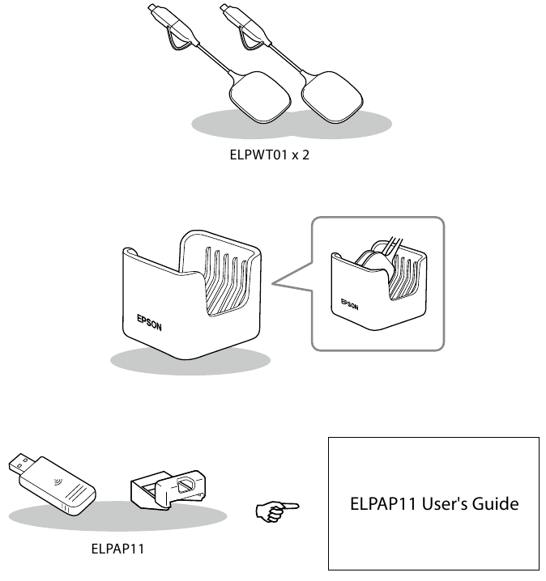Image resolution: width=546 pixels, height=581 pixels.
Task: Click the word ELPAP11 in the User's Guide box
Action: (382, 504)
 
